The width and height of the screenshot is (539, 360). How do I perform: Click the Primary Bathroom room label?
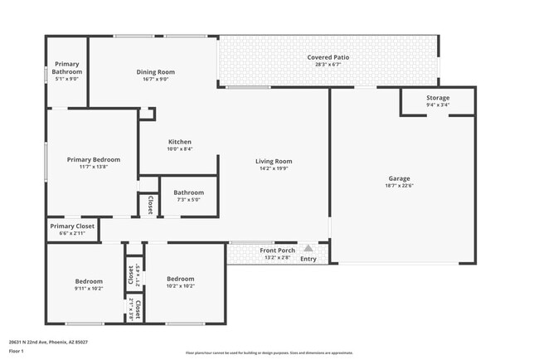[66, 68]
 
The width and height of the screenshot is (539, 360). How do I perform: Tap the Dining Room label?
[156, 72]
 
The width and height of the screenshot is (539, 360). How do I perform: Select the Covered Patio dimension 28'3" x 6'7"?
[328, 65]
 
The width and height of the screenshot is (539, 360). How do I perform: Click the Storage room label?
[438, 98]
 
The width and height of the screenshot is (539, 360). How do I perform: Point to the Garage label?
[400, 178]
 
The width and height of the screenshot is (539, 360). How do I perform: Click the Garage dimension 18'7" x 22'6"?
[400, 186]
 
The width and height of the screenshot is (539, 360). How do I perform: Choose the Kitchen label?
[180, 141]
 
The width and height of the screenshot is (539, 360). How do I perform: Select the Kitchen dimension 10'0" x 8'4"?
[180, 149]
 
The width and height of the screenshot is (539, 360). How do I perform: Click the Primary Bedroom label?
[94, 159]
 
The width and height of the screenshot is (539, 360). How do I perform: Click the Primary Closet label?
[72, 226]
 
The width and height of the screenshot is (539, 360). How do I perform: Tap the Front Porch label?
[277, 251]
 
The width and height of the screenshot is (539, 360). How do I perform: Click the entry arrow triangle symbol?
[308, 247]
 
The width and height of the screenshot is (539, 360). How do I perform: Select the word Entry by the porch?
[308, 259]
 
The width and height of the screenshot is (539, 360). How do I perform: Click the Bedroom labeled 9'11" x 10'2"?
[89, 280]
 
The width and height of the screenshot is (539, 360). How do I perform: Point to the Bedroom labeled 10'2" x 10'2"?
[180, 279]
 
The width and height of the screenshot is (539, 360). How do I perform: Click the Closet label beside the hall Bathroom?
[150, 205]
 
